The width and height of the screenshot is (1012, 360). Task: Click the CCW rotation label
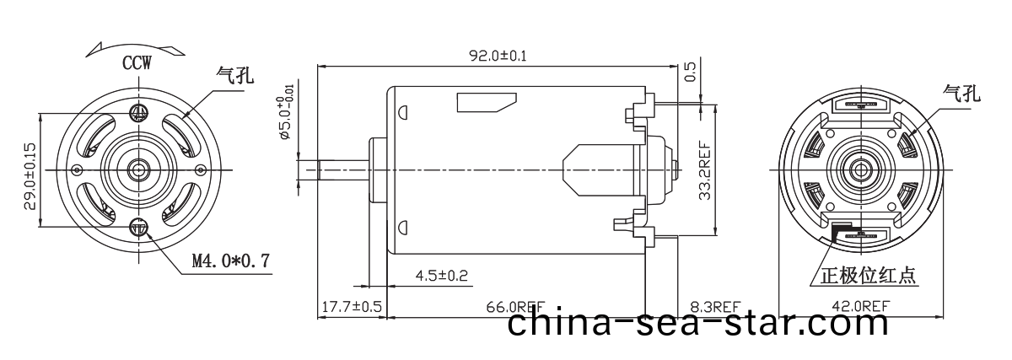(137, 63)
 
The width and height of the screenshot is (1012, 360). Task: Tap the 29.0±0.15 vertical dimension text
(29, 175)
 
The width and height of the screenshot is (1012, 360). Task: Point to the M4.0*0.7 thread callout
(230, 261)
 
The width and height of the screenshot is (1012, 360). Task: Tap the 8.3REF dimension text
(714, 306)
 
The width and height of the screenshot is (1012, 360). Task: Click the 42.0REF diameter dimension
(860, 306)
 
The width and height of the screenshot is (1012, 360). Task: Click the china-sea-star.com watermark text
(698, 325)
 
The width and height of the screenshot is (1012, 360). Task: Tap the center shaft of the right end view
(862, 169)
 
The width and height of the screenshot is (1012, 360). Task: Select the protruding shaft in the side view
(333, 169)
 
